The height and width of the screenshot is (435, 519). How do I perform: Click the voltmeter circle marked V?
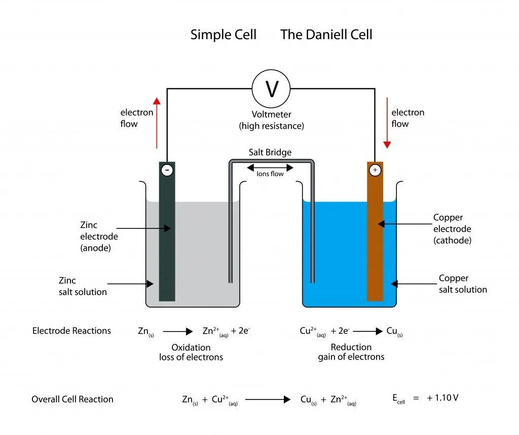pyautogui.click(x=271, y=89)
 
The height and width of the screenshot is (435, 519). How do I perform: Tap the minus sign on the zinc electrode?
pyautogui.click(x=167, y=170)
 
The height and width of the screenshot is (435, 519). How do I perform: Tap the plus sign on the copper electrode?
pyautogui.click(x=375, y=170)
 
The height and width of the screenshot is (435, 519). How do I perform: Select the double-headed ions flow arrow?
pyautogui.click(x=270, y=168)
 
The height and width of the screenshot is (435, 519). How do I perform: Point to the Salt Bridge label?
pyautogui.click(x=270, y=152)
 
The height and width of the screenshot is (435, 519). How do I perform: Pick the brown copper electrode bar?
pyautogui.click(x=375, y=244)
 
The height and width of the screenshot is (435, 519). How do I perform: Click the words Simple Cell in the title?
pyautogui.click(x=224, y=35)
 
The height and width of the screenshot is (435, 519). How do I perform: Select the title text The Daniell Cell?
pyautogui.click(x=326, y=35)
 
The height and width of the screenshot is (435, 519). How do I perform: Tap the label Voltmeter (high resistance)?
pyautogui.click(x=272, y=120)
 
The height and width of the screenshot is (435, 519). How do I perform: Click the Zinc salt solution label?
pyautogui.click(x=83, y=286)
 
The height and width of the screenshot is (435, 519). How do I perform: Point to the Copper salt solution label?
pyautogui.click(x=463, y=284)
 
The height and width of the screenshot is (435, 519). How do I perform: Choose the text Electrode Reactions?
pyautogui.click(x=71, y=331)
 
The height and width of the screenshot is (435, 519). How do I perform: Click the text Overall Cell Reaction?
pyautogui.click(x=72, y=399)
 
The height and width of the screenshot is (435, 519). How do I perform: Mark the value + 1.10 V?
pyautogui.click(x=442, y=398)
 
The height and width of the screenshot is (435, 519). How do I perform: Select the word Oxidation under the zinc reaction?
pyautogui.click(x=191, y=347)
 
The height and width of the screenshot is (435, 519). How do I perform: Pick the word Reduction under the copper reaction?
pyautogui.click(x=351, y=347)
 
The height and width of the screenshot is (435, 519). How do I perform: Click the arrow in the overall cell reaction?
pyautogui.click(x=268, y=399)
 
